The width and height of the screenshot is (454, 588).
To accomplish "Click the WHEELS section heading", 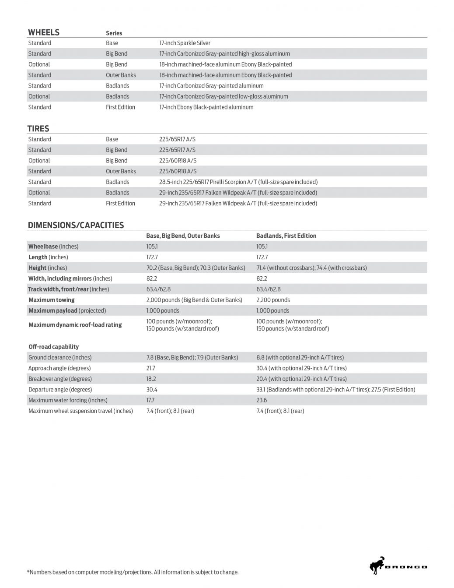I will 43,32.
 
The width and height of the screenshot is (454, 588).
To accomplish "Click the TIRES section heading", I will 38,129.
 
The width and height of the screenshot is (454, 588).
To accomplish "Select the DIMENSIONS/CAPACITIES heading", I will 76,225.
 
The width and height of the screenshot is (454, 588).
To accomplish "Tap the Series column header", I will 114,33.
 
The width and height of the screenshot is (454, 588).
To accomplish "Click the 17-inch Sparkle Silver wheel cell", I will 185,43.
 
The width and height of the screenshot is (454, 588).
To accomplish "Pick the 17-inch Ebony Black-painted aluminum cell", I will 206,107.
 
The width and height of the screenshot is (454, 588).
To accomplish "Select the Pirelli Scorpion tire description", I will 238,182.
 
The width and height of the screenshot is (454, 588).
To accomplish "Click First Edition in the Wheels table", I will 120,107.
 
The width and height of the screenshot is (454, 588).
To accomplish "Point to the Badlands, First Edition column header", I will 286,236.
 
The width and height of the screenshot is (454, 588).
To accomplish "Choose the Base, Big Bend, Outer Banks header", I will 183,236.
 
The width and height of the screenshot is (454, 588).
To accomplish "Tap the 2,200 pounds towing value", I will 273,300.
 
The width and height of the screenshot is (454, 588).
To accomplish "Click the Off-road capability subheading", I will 53,347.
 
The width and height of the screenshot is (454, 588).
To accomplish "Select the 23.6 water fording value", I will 262,400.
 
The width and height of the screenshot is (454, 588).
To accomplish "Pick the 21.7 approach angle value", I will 150,368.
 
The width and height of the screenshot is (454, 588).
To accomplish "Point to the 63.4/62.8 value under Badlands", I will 268,289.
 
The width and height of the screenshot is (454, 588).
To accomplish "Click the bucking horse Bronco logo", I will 377,566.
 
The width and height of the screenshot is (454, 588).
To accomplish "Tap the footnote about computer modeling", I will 133,572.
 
